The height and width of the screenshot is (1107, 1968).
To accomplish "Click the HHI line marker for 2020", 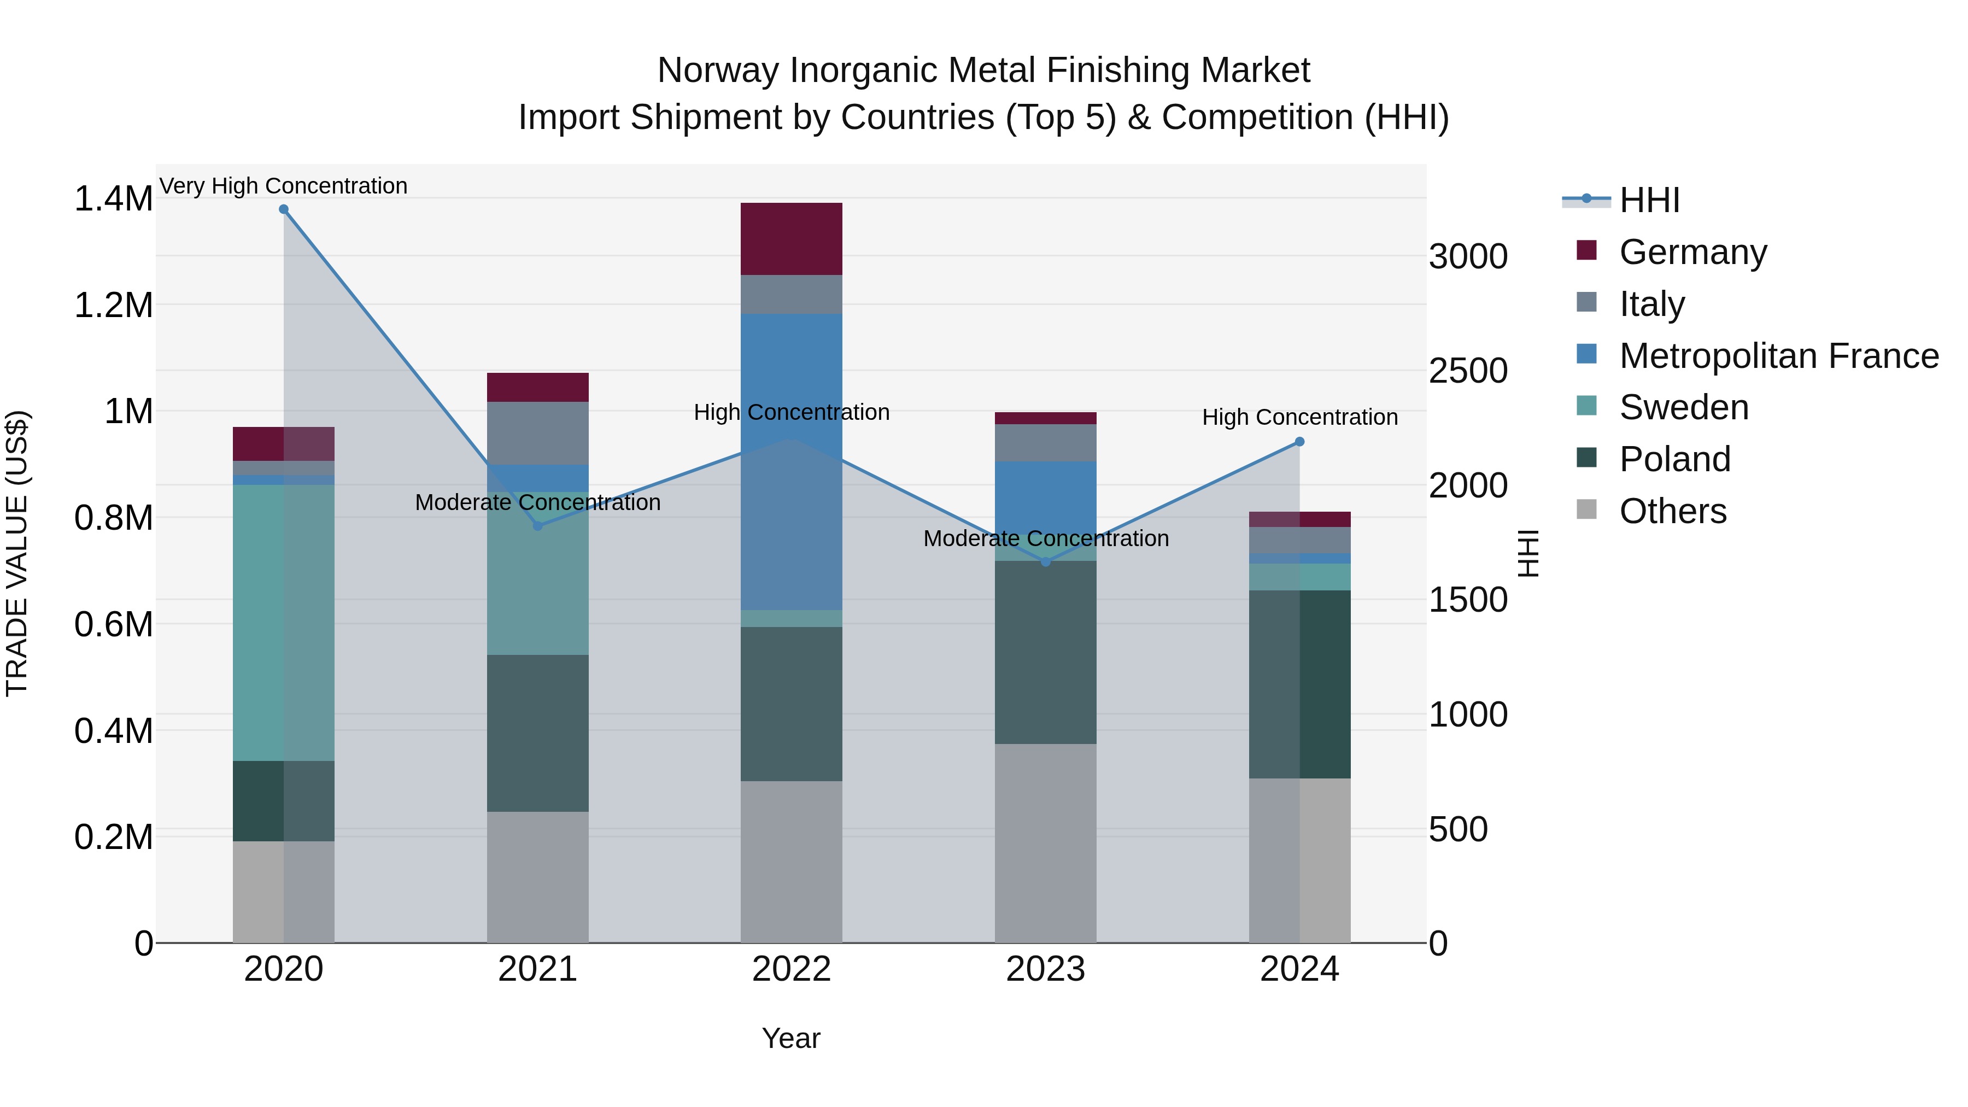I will (283, 209).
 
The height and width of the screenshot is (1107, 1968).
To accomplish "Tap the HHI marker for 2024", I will (1299, 442).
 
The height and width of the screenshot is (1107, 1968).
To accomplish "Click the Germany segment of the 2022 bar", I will (792, 238).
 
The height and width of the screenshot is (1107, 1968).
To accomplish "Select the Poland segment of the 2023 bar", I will (1045, 652).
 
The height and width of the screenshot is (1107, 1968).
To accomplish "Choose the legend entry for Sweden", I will (1683, 407).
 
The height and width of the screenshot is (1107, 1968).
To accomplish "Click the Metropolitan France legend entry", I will (1778, 356).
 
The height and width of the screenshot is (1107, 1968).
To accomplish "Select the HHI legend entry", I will (1649, 200).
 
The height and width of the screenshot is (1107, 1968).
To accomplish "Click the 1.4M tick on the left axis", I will (113, 198).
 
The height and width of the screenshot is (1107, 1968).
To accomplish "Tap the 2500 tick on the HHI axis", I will (1468, 371).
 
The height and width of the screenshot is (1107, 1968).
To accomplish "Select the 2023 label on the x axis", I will (1045, 969).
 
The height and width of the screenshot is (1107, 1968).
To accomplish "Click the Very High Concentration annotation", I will (283, 186).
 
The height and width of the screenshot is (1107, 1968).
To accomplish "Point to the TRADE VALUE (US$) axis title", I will (17, 553).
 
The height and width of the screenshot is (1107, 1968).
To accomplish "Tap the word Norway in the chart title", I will (718, 71).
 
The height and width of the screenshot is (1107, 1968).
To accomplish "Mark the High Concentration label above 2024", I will (1299, 417).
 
